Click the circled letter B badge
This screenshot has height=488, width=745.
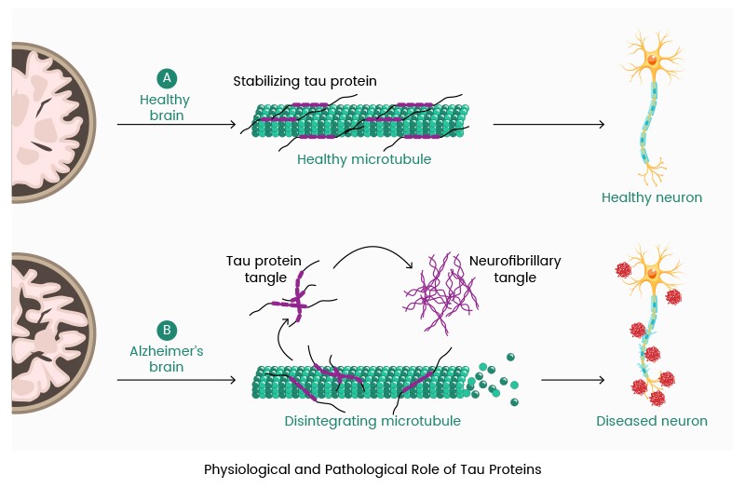point(166,330)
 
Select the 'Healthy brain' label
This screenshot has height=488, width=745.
point(164,108)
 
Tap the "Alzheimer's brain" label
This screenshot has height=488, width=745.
point(166,359)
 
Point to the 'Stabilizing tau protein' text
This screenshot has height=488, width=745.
point(305,81)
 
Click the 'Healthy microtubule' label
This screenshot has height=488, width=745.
point(364,159)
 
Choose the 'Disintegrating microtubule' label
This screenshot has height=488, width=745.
point(372,421)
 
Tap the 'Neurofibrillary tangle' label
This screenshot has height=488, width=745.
point(515,269)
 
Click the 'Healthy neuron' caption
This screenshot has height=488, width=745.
point(652,197)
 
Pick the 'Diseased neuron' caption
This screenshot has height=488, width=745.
point(652,421)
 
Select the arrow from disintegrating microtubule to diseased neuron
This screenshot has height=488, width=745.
point(573,379)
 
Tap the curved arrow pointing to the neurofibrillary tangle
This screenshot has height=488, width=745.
point(372,253)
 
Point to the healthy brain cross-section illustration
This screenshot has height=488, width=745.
point(51,121)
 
